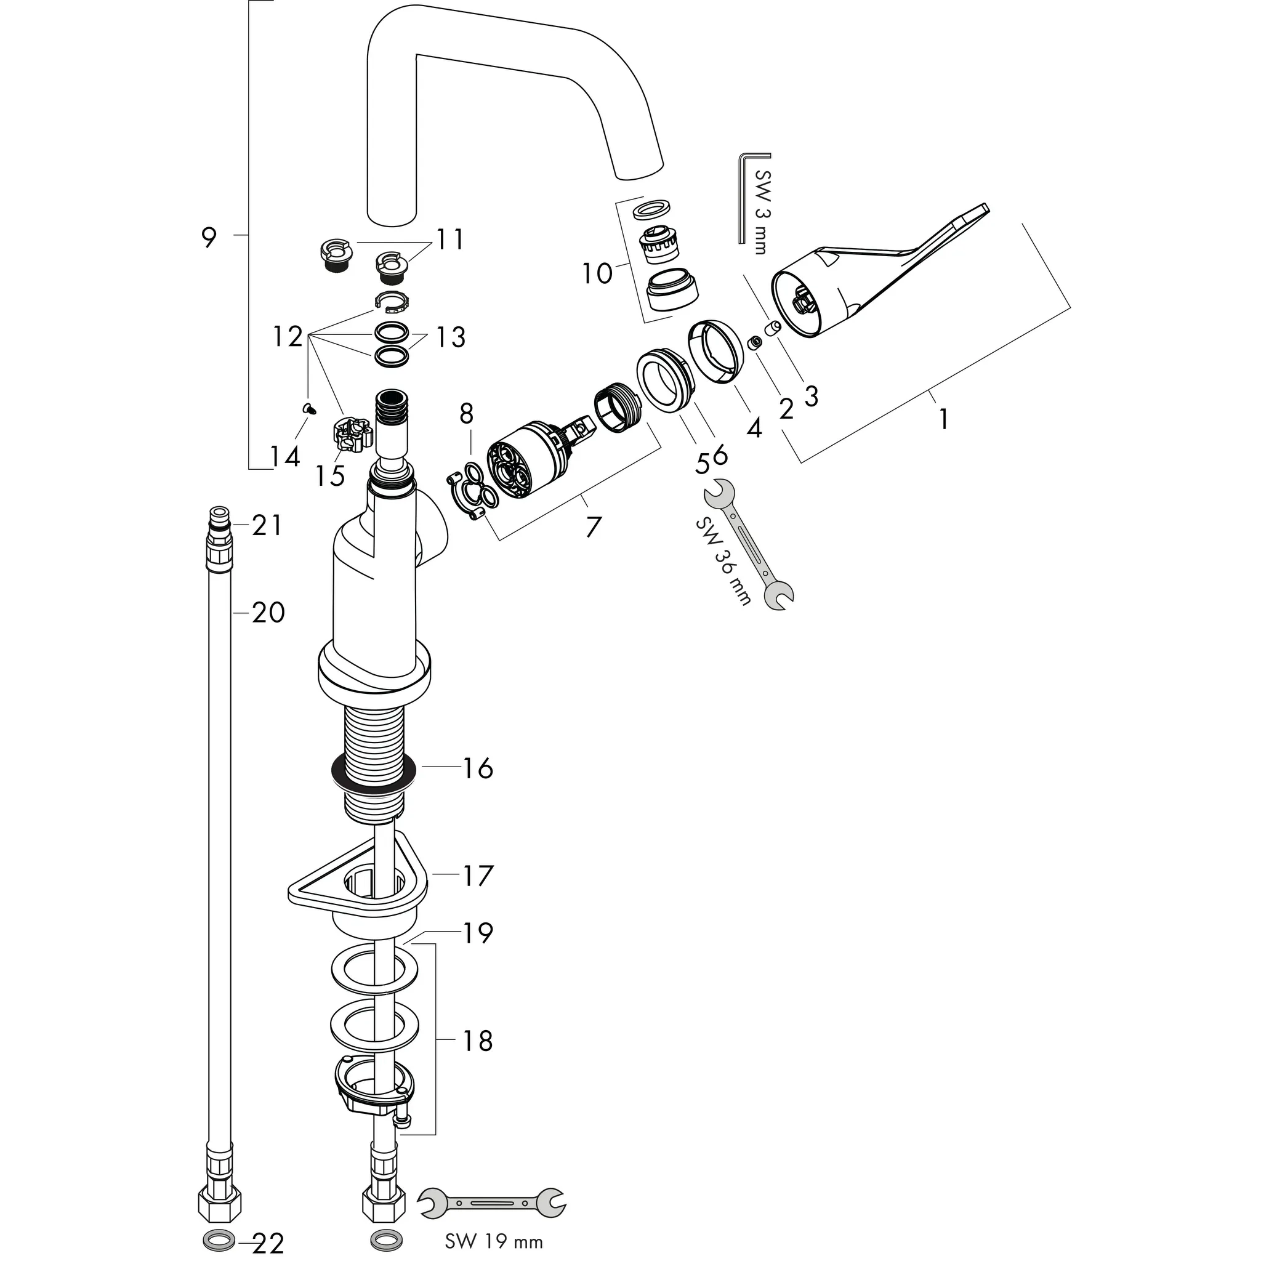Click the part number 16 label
(478, 769)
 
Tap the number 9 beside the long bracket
(208, 237)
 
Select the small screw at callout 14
(308, 409)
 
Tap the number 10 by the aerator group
(597, 273)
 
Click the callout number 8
(466, 413)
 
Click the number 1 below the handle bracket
(943, 420)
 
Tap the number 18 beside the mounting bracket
(478, 1041)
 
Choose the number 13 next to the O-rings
(450, 337)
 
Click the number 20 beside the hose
(268, 613)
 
